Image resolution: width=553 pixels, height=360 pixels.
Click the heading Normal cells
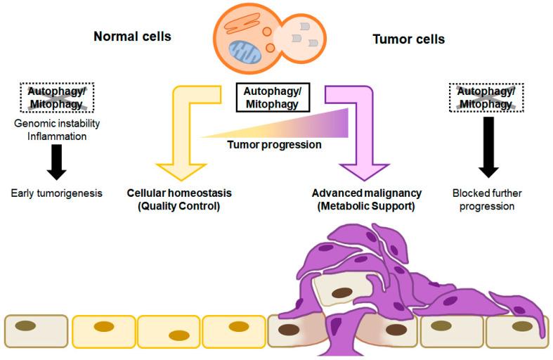click(132, 37)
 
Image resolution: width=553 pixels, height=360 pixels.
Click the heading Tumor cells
click(408, 39)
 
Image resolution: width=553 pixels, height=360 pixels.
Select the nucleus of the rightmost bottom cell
click(521, 326)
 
